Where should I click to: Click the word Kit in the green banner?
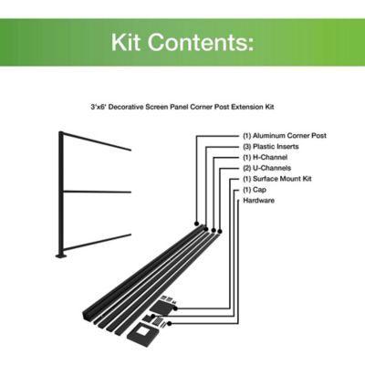point(125,42)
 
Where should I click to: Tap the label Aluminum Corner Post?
point(289,136)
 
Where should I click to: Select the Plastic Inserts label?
point(276,147)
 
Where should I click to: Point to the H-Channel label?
point(270,157)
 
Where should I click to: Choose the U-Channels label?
point(272,168)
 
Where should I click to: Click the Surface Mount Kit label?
point(282,179)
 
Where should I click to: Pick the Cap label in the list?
point(259,190)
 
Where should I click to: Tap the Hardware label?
point(258,201)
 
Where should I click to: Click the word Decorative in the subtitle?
point(127,107)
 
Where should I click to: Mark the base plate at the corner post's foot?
point(62,256)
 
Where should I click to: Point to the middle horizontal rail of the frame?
point(97,192)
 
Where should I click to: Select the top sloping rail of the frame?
point(97,142)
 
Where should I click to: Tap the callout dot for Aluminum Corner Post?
point(196,224)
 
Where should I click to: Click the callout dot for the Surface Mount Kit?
point(175,308)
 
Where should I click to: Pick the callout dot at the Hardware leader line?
point(169,324)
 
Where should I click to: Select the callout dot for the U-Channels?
point(220,232)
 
